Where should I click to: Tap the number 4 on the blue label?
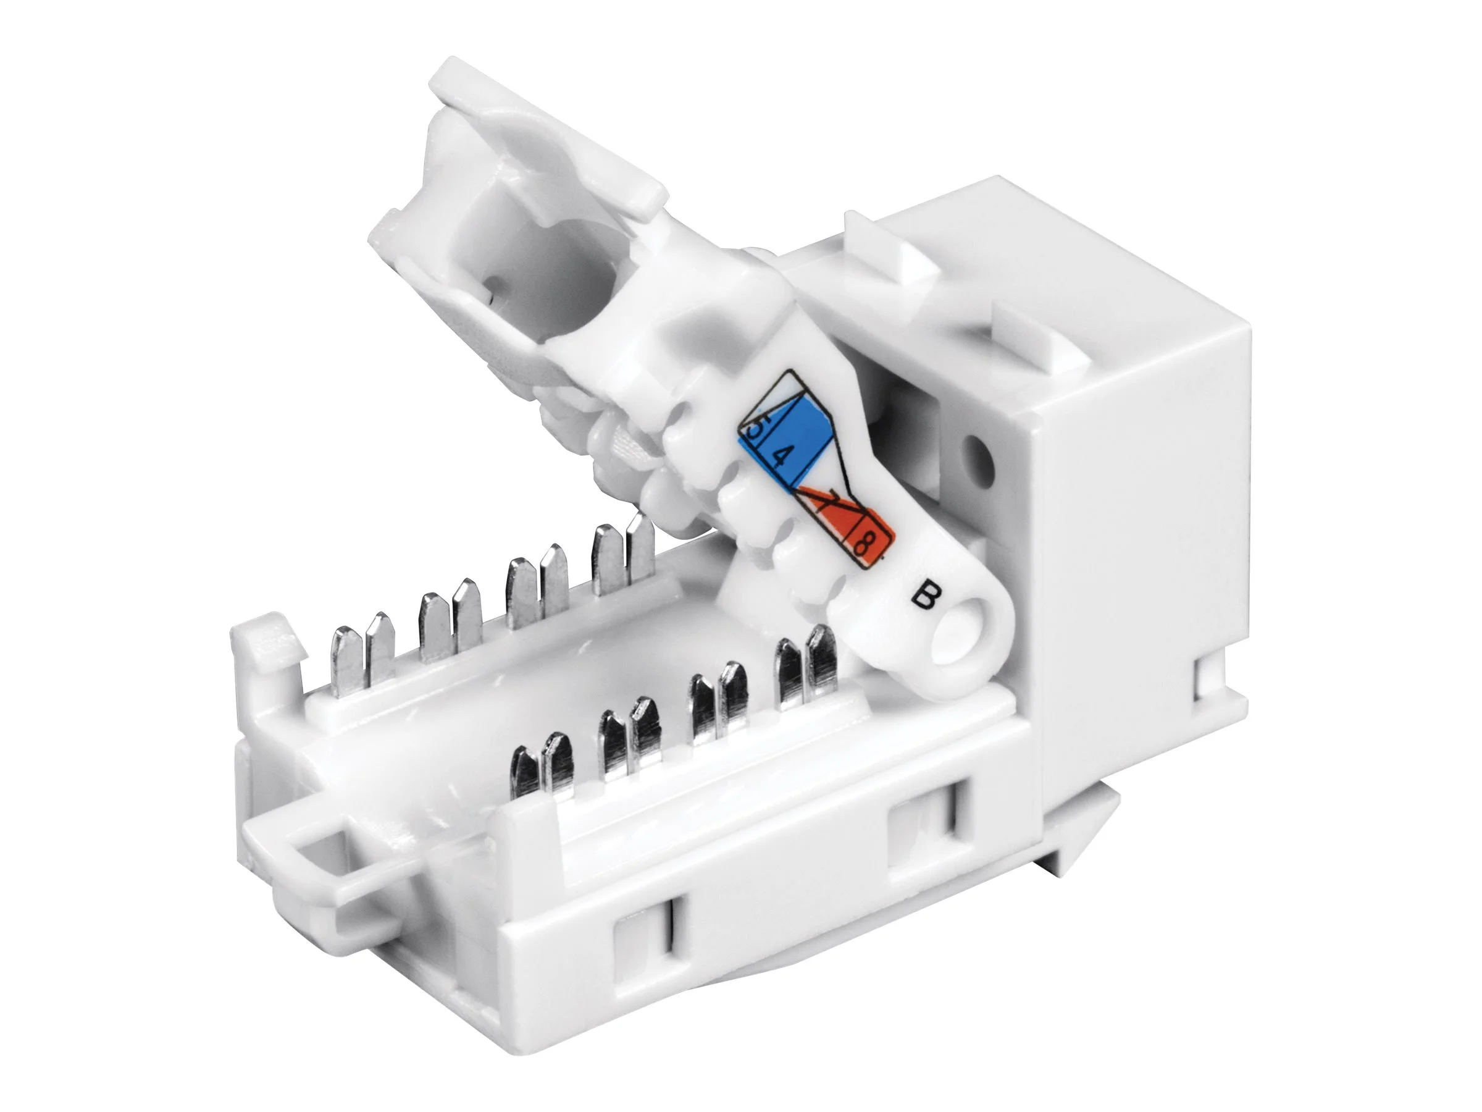779,458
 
